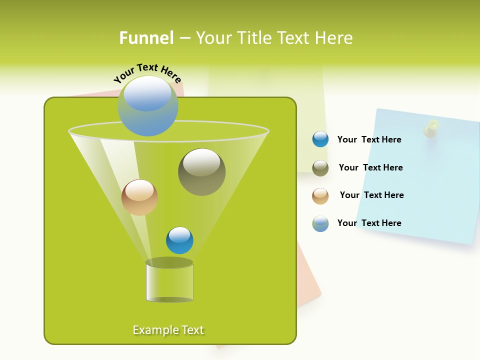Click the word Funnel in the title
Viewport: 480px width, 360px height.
pos(146,38)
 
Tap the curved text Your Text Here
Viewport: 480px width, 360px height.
pos(147,73)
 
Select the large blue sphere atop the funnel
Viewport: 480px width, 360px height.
pos(148,106)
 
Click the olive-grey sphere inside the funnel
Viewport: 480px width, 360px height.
pos(201,171)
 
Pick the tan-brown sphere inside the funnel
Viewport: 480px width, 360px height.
pos(139,197)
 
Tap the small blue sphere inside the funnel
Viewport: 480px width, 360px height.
pos(179,240)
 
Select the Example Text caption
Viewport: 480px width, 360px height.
pos(168,330)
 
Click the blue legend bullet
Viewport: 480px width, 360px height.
pos(320,139)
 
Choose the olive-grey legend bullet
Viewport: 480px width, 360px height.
pos(320,168)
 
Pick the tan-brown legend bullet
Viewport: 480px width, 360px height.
pos(320,195)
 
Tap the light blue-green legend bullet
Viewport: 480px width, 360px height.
pos(320,223)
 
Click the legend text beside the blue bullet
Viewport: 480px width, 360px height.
pos(369,139)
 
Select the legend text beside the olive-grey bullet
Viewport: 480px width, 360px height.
pos(370,167)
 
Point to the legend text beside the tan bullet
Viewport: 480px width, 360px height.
pos(371,195)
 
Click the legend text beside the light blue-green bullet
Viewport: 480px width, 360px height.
pos(369,223)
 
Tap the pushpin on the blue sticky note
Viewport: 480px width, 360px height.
pos(431,128)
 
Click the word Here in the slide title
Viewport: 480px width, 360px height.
pos(335,38)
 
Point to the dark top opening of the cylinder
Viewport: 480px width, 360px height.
pos(169,262)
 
